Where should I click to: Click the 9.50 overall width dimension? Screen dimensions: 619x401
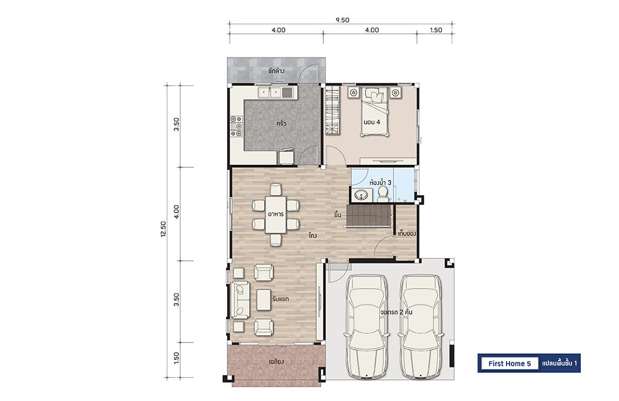[342, 20]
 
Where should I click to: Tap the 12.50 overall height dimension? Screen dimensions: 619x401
[163, 229]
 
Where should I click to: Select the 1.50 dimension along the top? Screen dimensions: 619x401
[436, 30]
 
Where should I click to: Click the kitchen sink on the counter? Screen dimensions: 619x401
[275, 92]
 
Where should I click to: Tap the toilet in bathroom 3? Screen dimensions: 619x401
[382, 193]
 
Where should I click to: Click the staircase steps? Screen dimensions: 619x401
[368, 215]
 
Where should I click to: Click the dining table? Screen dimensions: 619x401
[276, 215]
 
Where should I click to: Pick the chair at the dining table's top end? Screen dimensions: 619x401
[276, 189]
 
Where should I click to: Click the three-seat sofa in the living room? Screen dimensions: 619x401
[241, 300]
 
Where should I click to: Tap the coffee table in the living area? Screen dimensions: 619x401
[264, 300]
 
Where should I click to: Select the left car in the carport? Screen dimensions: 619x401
[366, 326]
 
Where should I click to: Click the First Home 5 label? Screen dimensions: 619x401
[509, 364]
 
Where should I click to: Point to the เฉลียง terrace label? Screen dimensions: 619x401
[276, 361]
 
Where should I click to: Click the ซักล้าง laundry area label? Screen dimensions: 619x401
[276, 71]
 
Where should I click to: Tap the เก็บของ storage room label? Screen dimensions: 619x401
[407, 234]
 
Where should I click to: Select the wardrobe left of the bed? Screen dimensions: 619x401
[332, 112]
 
